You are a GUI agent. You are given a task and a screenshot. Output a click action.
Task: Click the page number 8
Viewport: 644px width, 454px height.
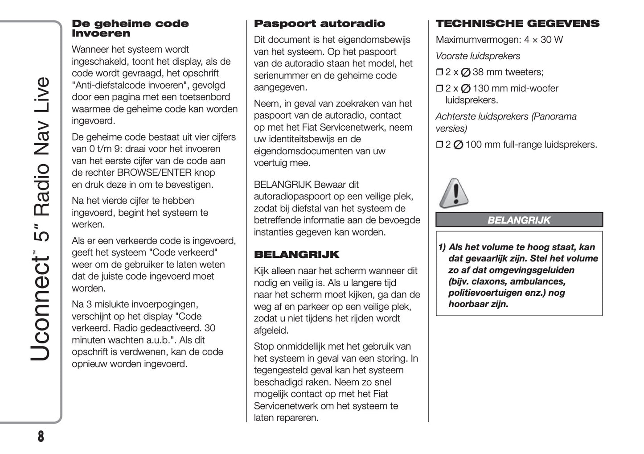[41, 436]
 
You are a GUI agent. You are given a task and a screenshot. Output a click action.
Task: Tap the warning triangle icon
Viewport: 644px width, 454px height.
[454, 194]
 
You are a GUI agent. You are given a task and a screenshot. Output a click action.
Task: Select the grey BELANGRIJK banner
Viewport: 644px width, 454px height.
[519, 220]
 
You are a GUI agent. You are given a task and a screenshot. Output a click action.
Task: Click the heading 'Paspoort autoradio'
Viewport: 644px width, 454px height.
[319, 24]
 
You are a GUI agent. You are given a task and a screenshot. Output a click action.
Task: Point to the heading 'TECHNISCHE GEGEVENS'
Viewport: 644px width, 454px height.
[517, 24]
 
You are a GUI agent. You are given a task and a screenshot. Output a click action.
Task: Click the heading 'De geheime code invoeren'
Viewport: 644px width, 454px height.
[130, 29]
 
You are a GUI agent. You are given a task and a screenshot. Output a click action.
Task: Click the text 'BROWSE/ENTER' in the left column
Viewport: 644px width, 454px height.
[154, 173]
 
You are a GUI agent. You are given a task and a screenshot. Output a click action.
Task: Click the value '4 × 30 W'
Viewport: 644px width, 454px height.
[543, 40]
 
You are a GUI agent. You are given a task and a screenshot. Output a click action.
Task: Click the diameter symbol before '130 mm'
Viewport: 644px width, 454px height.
[465, 89]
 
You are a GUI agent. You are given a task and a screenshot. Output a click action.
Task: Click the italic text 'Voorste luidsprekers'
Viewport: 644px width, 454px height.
[478, 56]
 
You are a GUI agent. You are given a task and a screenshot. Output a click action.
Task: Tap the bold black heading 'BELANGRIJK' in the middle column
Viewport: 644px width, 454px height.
[296, 255]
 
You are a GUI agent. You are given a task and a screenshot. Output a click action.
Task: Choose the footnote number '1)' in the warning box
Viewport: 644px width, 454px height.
[442, 247]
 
